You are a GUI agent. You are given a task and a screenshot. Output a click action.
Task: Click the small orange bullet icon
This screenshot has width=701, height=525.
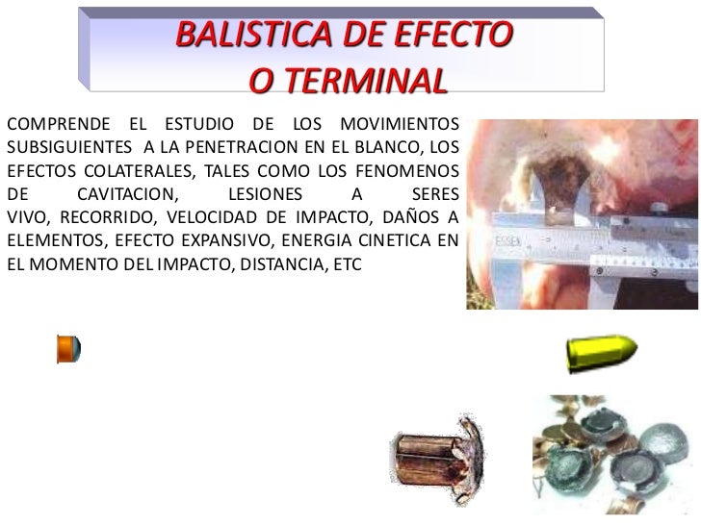tap(67, 348)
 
